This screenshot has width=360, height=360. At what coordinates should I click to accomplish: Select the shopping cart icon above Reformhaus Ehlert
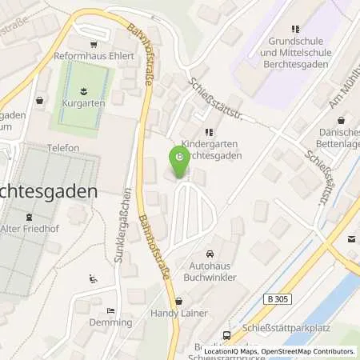click(93, 45)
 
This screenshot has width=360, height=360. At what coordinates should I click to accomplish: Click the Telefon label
click(63, 148)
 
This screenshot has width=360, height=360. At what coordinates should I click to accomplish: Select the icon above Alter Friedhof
click(30, 216)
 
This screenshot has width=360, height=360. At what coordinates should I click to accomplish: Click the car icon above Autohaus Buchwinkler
click(210, 251)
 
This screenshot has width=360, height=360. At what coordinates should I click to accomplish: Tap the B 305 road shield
click(276, 298)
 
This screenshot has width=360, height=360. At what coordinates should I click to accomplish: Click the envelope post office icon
click(351, 238)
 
